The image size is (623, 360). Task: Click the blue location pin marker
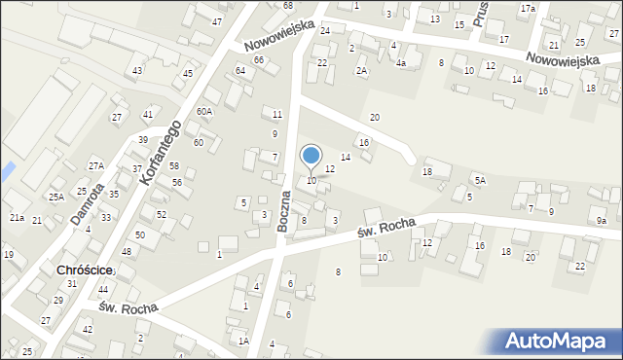tap(311, 156)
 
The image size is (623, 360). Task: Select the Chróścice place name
tap(86, 270)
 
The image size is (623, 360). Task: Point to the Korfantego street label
tap(161, 154)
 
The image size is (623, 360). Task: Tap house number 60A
tap(203, 111)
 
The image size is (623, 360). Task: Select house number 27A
tap(95, 166)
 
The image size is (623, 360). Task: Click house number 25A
tap(56, 197)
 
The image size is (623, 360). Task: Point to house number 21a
tap(18, 217)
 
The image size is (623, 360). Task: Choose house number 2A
tap(361, 71)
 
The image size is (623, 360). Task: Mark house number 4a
tap(400, 62)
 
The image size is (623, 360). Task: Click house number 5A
tap(480, 180)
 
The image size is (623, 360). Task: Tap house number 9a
tap(602, 221)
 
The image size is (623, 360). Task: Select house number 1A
tap(243, 341)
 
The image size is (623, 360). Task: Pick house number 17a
tap(528, 8)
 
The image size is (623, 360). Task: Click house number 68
tap(287, 6)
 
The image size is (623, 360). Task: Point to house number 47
tap(216, 21)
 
